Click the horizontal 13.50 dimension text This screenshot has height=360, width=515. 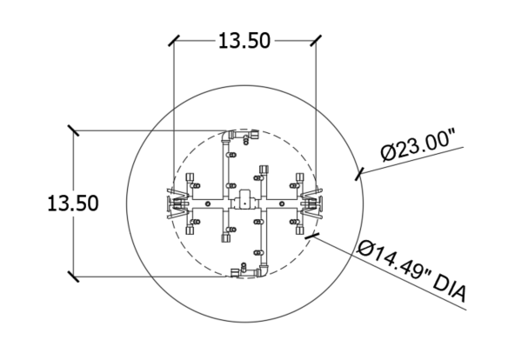244,41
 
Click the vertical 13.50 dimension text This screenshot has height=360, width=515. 73,203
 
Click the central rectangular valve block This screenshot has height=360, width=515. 244,199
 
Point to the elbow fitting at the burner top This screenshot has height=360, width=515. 227,135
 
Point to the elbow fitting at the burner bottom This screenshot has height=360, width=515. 264,270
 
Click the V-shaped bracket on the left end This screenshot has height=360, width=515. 177,204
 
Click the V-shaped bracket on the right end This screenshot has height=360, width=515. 312,203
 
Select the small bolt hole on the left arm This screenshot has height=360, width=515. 208,203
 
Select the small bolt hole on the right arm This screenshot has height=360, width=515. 282,203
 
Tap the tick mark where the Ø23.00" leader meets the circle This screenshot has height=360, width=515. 359,174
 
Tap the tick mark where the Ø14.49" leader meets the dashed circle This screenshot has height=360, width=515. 311,237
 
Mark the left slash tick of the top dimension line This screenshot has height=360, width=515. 174,41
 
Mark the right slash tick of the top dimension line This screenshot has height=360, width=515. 316,41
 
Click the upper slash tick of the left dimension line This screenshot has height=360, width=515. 73,130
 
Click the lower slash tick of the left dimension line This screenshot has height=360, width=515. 73,277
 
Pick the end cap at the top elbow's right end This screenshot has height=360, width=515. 254,134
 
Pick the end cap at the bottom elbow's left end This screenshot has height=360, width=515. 235,273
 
